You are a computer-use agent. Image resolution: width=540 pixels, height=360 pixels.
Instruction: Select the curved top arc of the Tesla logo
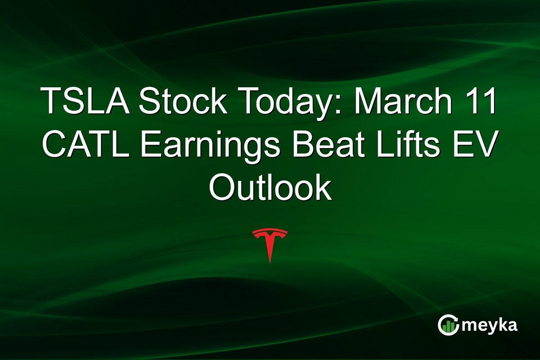click(x=270, y=231)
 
